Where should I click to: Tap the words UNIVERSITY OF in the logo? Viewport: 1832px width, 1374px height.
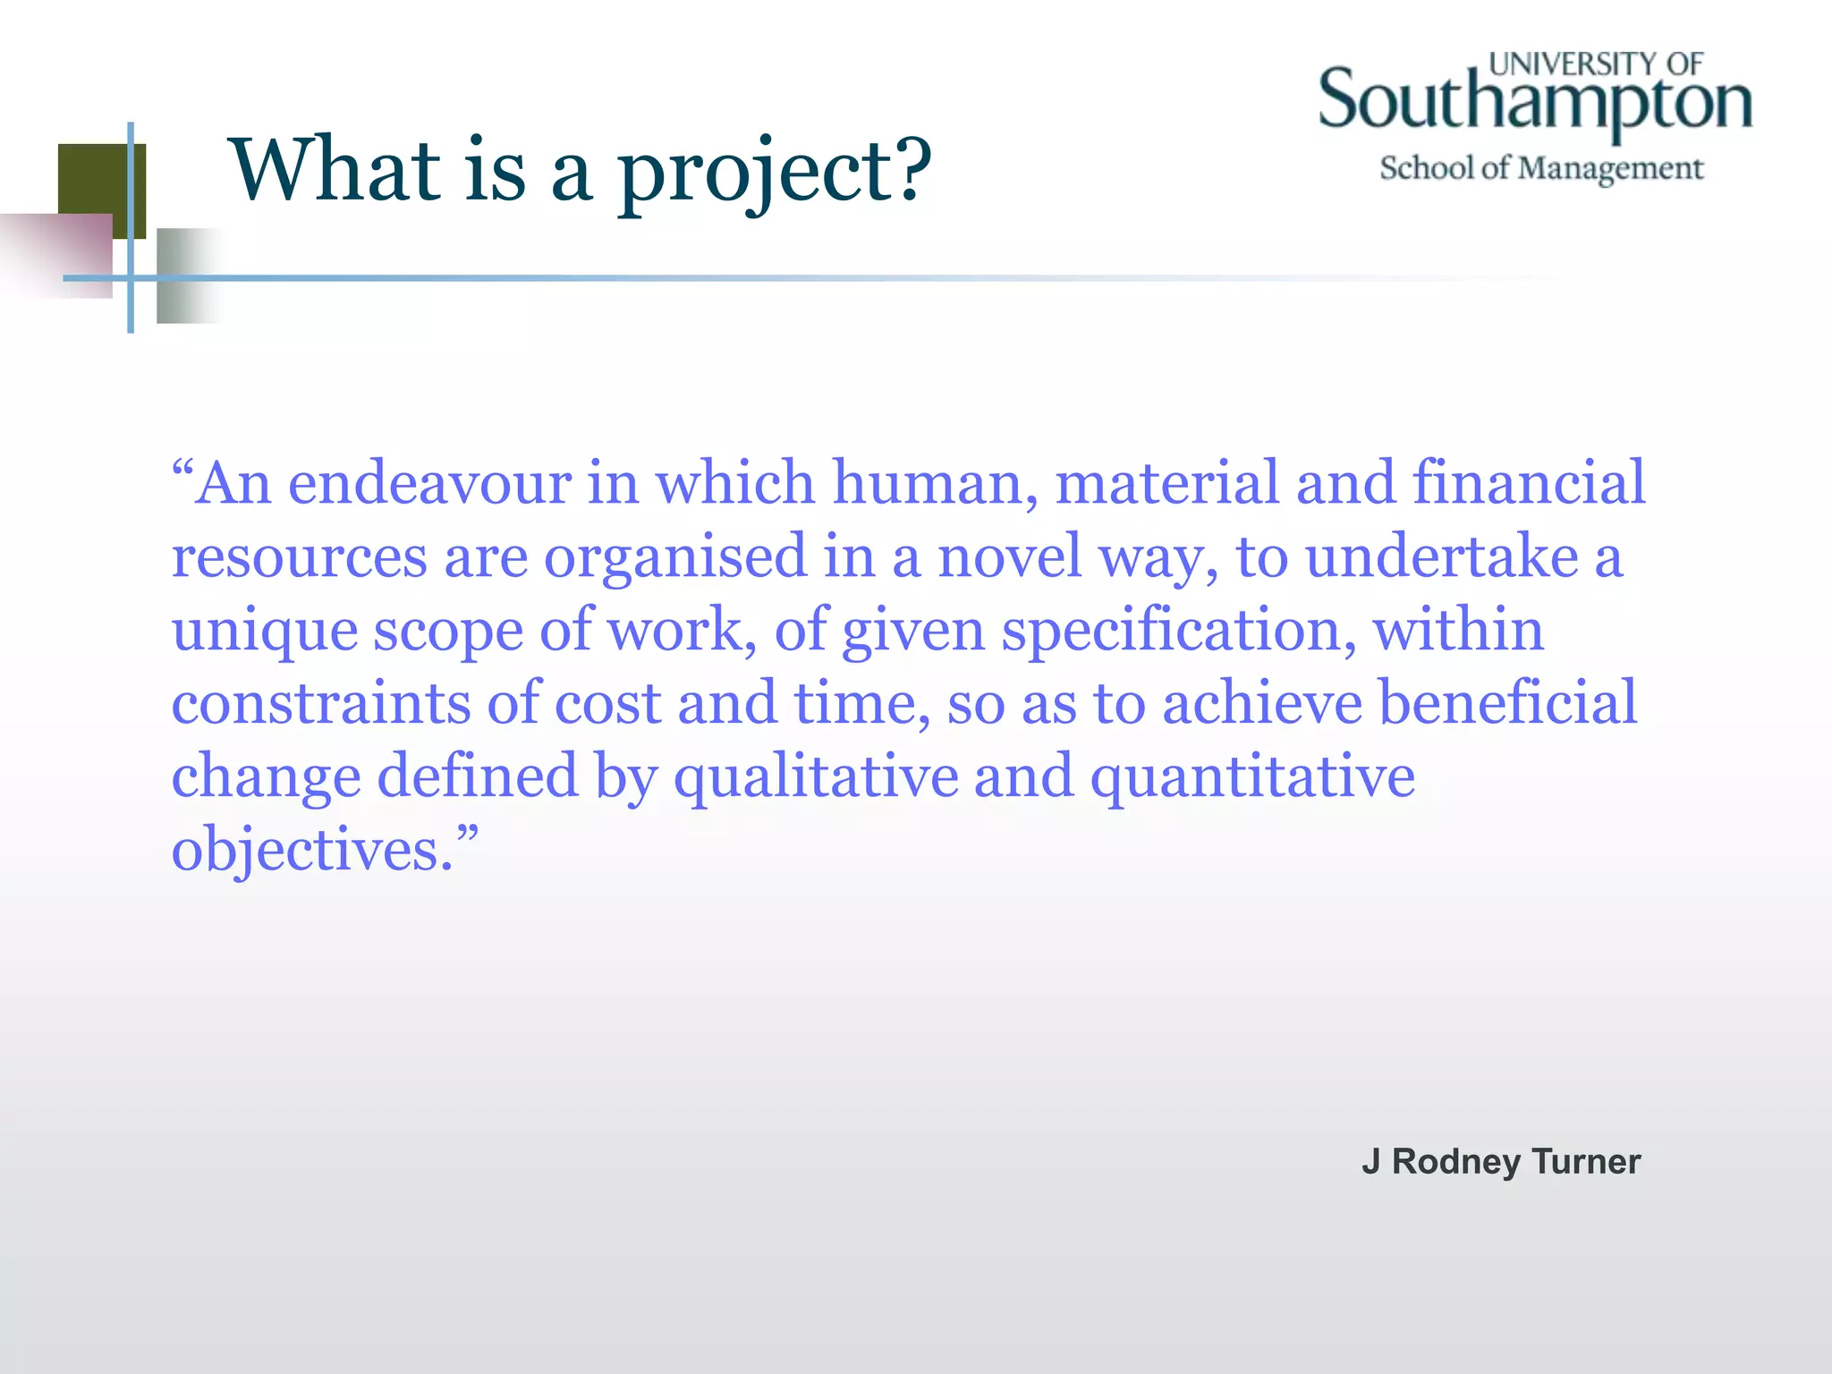tap(1596, 64)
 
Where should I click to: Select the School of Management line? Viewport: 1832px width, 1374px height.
tap(1541, 168)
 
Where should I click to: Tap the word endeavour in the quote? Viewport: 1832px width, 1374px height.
tap(429, 484)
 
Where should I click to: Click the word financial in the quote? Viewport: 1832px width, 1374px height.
tap(1529, 482)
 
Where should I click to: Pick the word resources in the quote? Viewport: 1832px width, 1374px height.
tap(299, 557)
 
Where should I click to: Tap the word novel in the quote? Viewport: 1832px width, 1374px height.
tap(1010, 557)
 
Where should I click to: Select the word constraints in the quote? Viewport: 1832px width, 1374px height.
tap(320, 703)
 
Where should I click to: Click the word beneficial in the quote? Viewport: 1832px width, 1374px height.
tap(1507, 703)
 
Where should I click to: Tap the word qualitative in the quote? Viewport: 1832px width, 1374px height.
tap(816, 778)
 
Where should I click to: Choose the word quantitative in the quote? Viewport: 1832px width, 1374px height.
tap(1252, 778)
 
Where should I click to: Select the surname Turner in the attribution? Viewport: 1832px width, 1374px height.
tap(1586, 1162)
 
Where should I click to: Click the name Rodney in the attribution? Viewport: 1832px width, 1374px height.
tap(1456, 1162)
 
